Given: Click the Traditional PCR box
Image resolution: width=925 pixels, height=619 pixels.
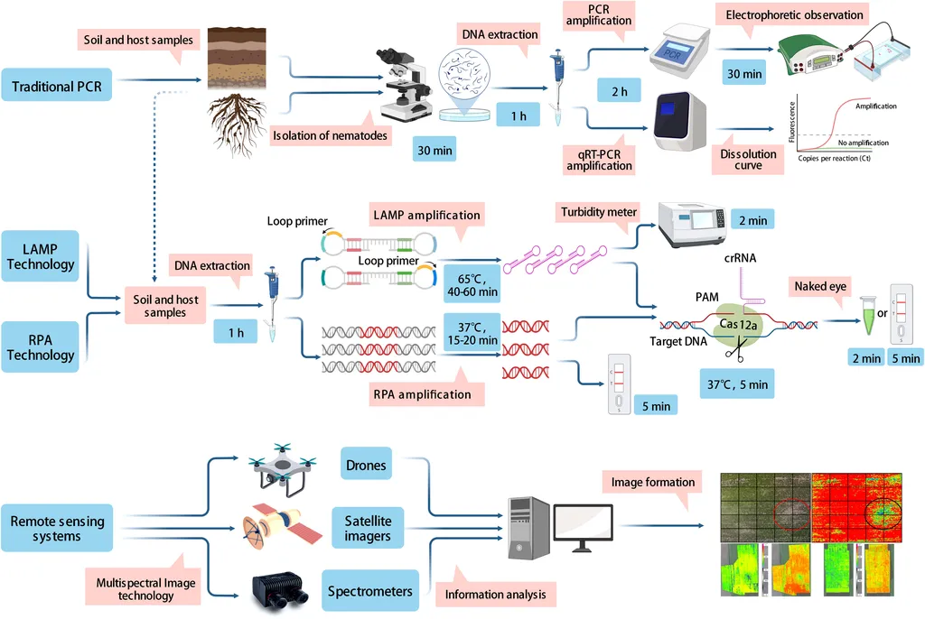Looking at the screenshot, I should [57, 88].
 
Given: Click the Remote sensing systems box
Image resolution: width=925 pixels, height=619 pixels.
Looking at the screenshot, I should [58, 529].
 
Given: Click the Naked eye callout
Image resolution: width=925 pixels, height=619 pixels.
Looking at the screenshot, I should [820, 287].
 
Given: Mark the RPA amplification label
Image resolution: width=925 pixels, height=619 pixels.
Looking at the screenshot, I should [422, 393].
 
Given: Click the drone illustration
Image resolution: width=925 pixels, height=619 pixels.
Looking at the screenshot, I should [282, 465].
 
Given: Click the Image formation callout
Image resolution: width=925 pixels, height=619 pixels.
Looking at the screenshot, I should [653, 482].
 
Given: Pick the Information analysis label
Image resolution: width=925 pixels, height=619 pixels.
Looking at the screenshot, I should [494, 595].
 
